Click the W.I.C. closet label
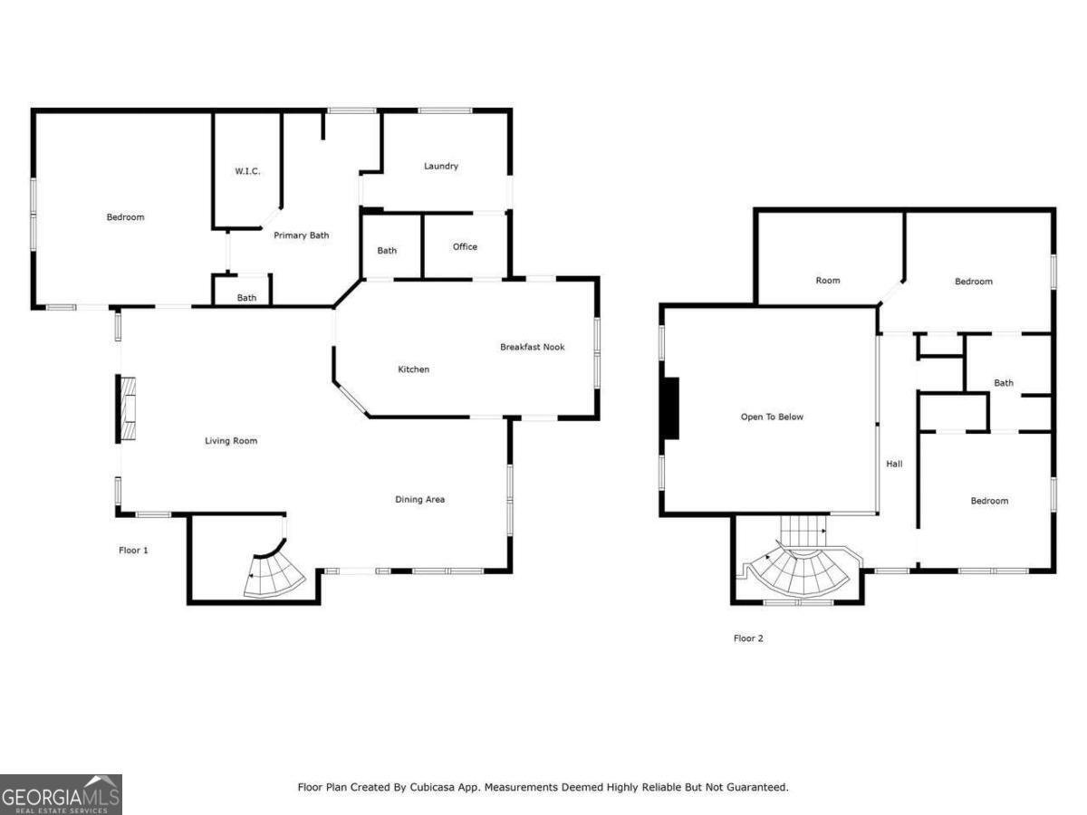tap(247, 171)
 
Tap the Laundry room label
tap(441, 166)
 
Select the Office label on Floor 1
tap(465, 246)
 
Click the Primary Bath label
tap(302, 235)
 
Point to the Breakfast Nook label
tap(533, 347)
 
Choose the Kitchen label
tap(414, 369)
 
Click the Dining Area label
tap(419, 499)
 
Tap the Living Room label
tap(231, 441)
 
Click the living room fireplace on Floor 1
tap(128, 408)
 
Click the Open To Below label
tap(772, 417)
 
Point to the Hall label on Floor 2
tap(894, 464)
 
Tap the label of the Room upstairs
tap(828, 281)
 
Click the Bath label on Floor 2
tap(1004, 383)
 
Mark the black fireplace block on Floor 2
tap(669, 408)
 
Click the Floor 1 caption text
tap(133, 551)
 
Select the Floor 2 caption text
tap(748, 638)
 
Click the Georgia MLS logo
tap(61, 795)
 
